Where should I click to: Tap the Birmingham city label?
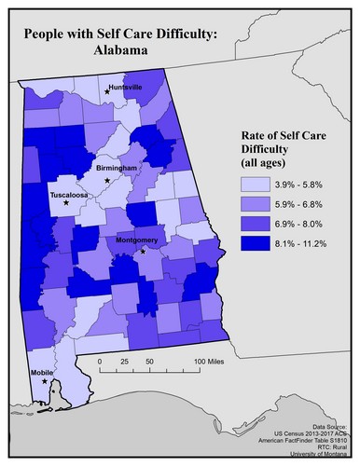pos(117,168)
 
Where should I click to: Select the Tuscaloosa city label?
pos(69,196)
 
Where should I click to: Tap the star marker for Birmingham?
pos(108,179)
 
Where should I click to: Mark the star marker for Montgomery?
pos(143,251)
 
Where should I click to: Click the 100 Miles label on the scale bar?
pos(211,359)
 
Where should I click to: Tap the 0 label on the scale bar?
pos(99,359)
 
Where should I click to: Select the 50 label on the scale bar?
pos(149,359)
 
